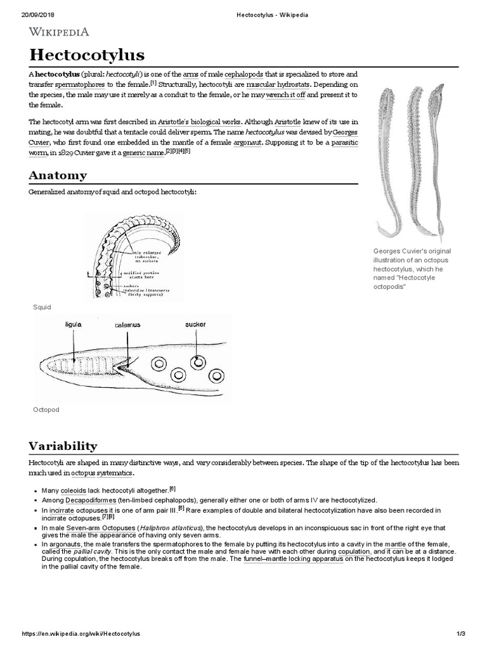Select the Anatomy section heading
coord(58,175)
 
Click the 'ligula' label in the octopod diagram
coord(74,324)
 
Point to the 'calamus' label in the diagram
coord(127,324)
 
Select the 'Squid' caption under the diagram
coord(42,307)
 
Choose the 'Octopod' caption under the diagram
coord(46,409)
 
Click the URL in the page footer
coord(81,634)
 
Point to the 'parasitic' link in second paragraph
coord(342,143)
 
